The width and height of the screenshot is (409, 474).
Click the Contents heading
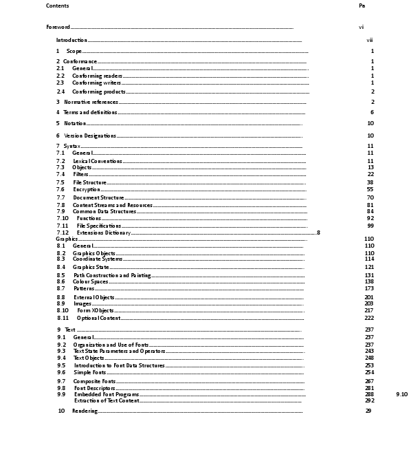tap(57, 6)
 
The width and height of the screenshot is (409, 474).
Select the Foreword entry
tap(58, 27)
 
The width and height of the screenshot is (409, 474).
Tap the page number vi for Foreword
tap(361, 27)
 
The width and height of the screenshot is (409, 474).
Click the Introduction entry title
tap(71, 41)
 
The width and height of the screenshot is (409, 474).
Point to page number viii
tap(370, 41)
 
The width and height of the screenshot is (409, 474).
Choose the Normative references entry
tap(91, 102)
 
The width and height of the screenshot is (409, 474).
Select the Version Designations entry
tap(90, 136)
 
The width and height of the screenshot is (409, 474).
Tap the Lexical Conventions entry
tap(98, 161)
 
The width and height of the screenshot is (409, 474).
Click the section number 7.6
tap(60, 189)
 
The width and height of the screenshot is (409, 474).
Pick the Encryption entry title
tap(87, 189)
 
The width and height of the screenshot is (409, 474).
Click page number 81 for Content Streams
tap(370, 205)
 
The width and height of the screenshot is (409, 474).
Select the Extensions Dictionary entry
tap(104, 233)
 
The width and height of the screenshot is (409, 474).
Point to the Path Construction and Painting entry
tap(112, 275)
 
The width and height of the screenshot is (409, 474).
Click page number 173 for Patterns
tap(369, 288)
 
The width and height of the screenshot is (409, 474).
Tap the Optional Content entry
tap(99, 318)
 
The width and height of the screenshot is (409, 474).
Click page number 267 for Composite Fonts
tap(369, 381)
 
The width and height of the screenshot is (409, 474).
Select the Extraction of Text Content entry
tap(107, 400)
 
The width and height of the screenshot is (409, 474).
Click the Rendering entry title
tap(85, 411)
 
